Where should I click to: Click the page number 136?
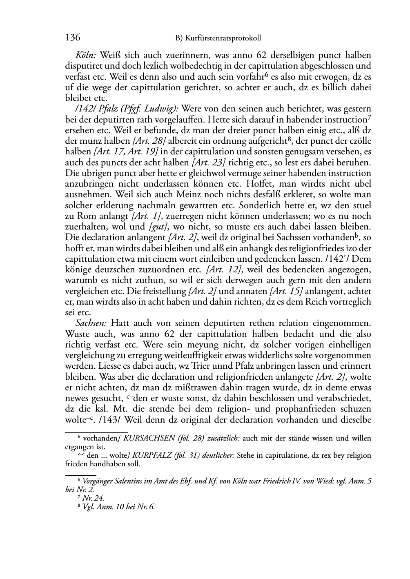pos(73,38)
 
